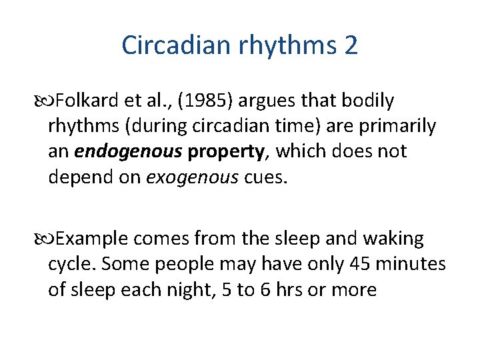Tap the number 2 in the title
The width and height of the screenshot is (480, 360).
click(351, 45)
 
